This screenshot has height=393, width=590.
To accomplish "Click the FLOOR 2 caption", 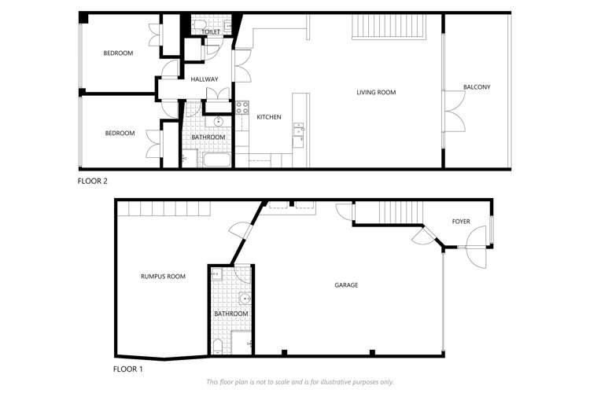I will pyautogui.click(x=92, y=181).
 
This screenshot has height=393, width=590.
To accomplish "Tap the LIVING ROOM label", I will pyautogui.click(x=376, y=93).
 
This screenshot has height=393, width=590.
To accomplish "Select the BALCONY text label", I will pyautogui.click(x=477, y=87).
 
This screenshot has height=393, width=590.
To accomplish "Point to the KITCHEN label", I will pyautogui.click(x=269, y=117).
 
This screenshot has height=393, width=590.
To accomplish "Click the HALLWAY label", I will pyautogui.click(x=205, y=79).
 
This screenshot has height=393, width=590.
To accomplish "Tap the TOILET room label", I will pyautogui.click(x=211, y=31).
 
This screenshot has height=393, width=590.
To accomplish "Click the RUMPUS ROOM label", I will pyautogui.click(x=163, y=276).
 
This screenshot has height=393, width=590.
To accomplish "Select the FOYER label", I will pyautogui.click(x=461, y=222).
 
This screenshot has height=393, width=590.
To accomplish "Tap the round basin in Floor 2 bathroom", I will pyautogui.click(x=219, y=122).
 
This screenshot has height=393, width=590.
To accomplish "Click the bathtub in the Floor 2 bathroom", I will pyautogui.click(x=216, y=161).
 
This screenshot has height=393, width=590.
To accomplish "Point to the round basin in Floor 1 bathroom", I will pyautogui.click(x=245, y=298).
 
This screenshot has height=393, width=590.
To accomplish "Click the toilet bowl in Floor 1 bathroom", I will pyautogui.click(x=217, y=347).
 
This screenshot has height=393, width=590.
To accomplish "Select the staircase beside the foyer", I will pyautogui.click(x=389, y=212).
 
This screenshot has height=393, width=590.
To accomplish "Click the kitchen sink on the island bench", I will pyautogui.click(x=298, y=134).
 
